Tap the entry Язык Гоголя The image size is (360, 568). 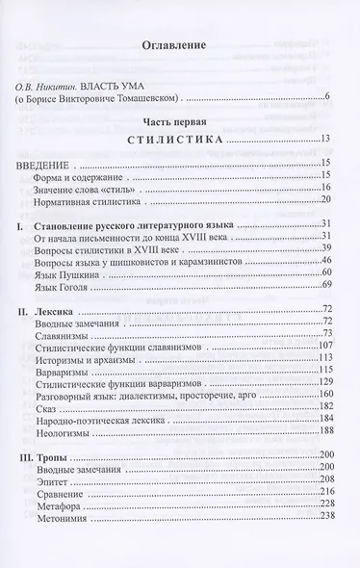coord(90,285)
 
